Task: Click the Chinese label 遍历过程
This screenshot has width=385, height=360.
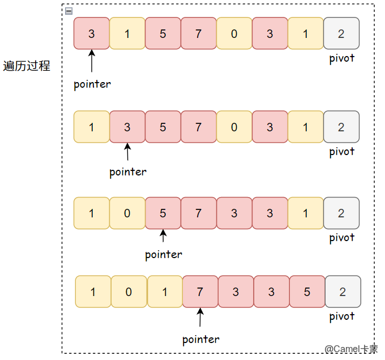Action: pos(27,66)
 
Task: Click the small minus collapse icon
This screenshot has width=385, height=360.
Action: pos(69,11)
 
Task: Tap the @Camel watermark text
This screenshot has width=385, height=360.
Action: pos(351,349)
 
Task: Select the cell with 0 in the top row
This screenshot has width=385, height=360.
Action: pos(234,33)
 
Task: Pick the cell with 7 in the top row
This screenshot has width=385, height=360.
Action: pos(198,33)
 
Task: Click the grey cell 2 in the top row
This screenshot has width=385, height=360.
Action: pos(341,33)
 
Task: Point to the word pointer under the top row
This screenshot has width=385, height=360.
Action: pos(92,84)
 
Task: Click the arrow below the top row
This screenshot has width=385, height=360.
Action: pos(92,60)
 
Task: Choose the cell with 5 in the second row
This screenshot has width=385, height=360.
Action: pos(162,127)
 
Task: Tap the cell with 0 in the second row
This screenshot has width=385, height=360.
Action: pos(234,127)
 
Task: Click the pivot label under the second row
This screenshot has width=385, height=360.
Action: pos(341,151)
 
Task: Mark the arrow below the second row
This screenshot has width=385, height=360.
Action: pos(127,152)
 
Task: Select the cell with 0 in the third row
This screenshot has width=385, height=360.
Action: pos(127,213)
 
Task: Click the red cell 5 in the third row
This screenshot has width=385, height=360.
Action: pos(162,213)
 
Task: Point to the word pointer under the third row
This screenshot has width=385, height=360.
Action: pos(164,254)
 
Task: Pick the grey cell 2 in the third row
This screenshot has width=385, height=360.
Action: pos(341,213)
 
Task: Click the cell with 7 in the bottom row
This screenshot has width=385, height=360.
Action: pos(199,292)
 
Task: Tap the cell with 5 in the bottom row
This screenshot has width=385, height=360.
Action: pos(307,292)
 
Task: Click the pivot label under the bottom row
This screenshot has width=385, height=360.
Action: pos(341,316)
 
